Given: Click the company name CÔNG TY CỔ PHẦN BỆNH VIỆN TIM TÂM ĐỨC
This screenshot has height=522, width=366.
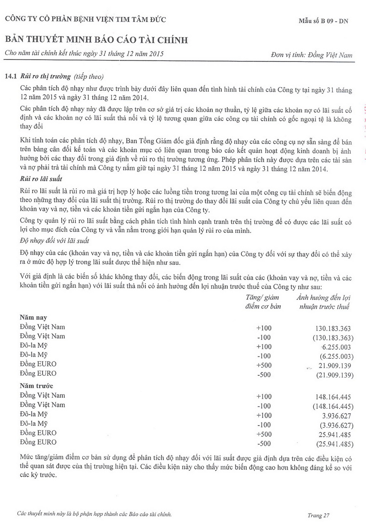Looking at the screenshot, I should [x=85, y=19].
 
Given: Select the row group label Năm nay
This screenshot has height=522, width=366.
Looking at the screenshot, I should [x=33, y=317].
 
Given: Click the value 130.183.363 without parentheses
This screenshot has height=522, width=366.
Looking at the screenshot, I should [x=333, y=328].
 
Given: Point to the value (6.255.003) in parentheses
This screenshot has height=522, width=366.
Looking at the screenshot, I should [x=335, y=356].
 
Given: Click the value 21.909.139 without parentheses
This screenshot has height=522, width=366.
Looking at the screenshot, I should [x=333, y=365].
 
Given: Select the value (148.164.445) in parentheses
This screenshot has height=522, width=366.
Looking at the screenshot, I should [x=332, y=407].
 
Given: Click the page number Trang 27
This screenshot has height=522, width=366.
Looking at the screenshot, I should [x=318, y=515].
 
